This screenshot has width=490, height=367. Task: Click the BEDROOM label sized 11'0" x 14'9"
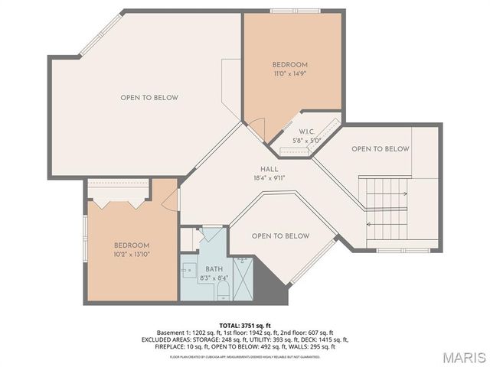click(x=290, y=64)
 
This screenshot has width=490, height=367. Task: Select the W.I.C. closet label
click(x=307, y=131)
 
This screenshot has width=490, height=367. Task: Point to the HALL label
click(x=269, y=169)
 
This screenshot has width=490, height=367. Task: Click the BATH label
click(x=214, y=270)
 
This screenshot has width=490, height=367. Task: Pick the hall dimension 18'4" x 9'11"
click(x=269, y=179)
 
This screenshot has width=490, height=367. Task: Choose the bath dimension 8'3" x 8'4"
click(x=214, y=279)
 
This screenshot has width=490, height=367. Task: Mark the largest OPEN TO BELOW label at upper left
click(x=149, y=98)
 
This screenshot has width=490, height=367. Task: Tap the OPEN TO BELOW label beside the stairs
click(x=380, y=149)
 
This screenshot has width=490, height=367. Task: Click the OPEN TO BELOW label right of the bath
click(x=280, y=236)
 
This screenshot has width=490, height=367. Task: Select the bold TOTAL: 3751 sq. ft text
click(x=244, y=324)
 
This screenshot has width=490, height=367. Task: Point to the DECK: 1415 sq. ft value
click(x=325, y=339)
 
